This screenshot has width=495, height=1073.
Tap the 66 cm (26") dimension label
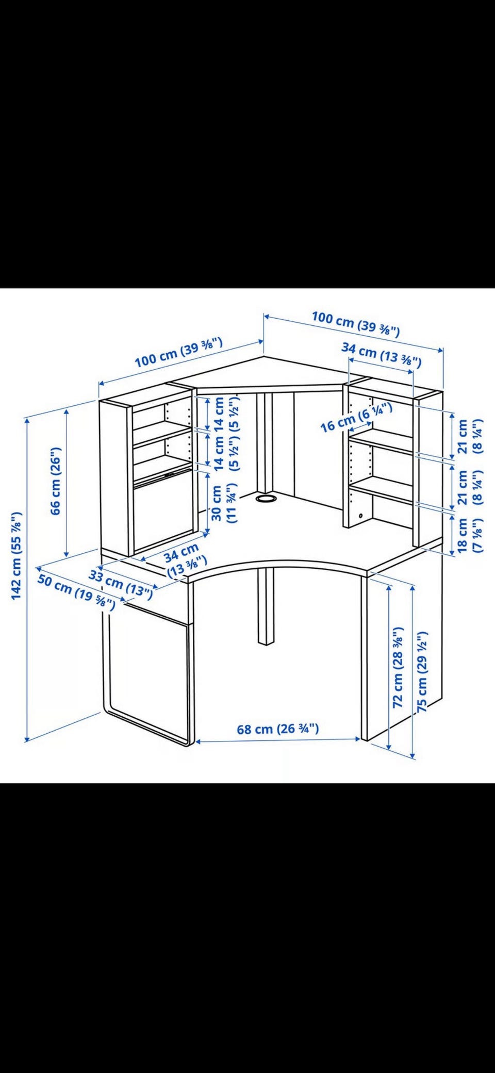pos(56,480)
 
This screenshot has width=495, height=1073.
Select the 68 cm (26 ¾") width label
pos(278,729)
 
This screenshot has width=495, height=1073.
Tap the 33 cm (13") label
pos(121,585)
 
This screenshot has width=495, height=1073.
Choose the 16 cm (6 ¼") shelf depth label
pos(356,418)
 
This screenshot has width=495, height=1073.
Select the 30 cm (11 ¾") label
pos(224,503)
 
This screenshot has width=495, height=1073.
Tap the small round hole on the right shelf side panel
pos(360,516)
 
